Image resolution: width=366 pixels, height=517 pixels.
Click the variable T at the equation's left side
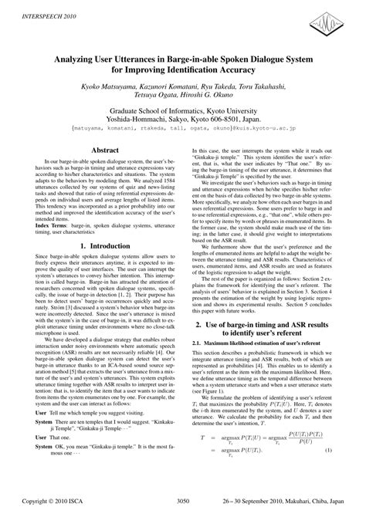[x=202, y=458]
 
